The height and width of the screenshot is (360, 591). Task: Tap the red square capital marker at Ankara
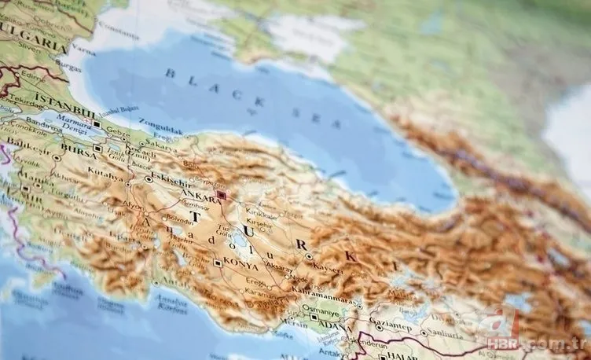(222, 194)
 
